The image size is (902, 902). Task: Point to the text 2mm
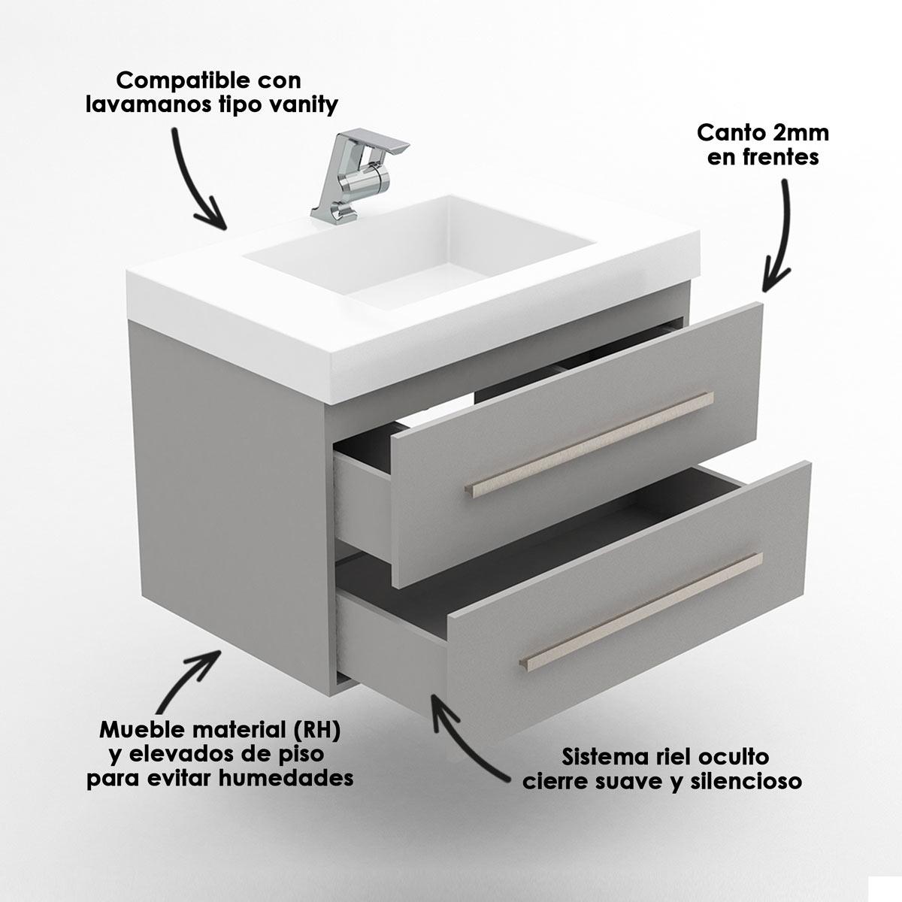(800, 133)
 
